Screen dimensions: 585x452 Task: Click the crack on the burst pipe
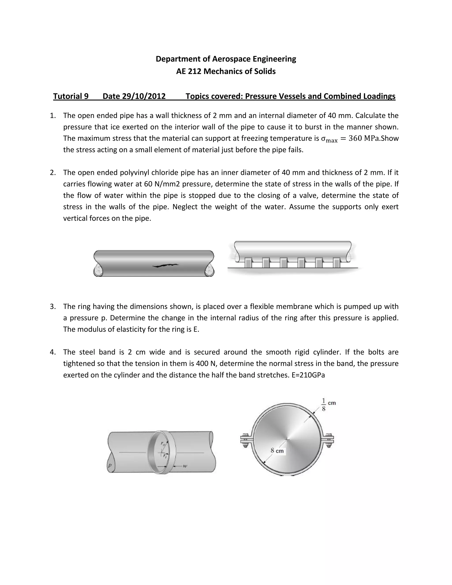pos(165,265)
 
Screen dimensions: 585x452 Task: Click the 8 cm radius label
pos(277,451)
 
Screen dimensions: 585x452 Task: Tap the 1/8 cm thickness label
pos(328,405)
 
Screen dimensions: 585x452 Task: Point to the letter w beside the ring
pos(185,466)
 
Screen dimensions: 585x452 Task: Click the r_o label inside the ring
pos(163,443)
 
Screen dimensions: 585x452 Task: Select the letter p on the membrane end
pos(109,466)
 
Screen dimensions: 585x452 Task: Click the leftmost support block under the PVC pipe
pos(248,263)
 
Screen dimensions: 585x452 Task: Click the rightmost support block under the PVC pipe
pos(337,263)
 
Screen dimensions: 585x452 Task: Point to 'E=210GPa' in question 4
pos(308,375)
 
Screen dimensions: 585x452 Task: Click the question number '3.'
pos(53,306)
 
